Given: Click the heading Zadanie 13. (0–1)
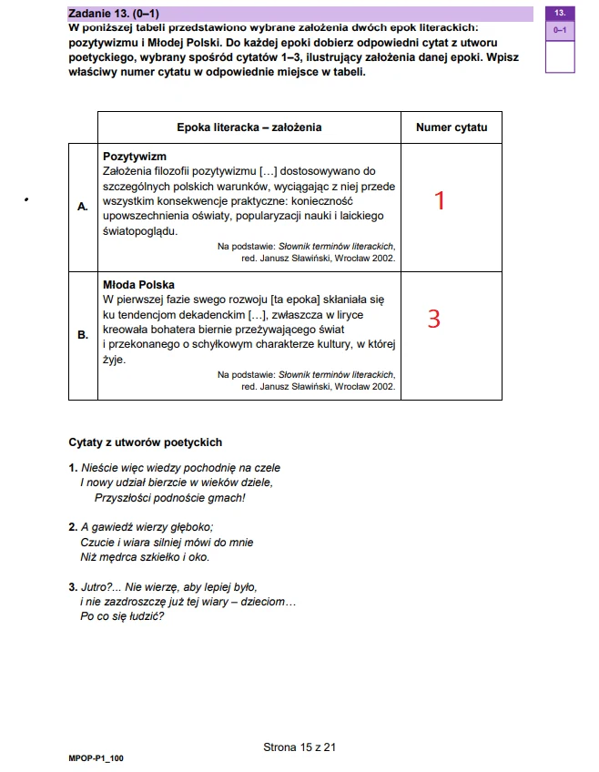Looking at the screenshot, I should click(x=115, y=14).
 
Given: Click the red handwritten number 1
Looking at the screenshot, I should click(x=440, y=200).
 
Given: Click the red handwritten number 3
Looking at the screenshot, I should click(x=434, y=319).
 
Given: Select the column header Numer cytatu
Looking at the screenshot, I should click(x=451, y=127).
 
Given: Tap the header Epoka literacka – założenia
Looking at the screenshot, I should click(x=249, y=127).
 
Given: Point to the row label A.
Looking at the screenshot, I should click(x=83, y=208).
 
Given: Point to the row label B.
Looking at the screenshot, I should click(x=83, y=335).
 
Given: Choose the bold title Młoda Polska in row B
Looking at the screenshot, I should click(x=138, y=285).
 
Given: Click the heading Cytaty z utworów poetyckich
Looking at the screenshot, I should click(x=146, y=442).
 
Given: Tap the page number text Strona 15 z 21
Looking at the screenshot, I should click(x=299, y=747).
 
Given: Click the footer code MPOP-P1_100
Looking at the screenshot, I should click(x=96, y=757).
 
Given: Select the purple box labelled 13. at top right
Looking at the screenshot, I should click(x=559, y=14).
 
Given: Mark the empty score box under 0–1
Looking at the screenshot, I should click(x=559, y=56).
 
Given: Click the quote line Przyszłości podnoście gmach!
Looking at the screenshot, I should click(x=170, y=498).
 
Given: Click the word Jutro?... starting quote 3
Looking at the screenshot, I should click(x=101, y=587).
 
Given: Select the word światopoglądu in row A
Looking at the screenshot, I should click(x=140, y=230).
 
